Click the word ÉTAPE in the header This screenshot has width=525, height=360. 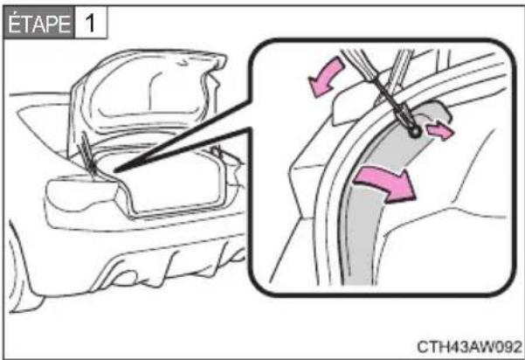tap(38, 24)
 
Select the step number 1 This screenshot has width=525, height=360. tap(90, 24)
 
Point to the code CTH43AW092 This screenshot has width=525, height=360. tap(469, 346)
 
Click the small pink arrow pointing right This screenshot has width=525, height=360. tap(440, 131)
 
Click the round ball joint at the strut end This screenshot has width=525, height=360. tap(416, 132)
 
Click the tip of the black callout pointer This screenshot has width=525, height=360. tap(114, 171)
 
